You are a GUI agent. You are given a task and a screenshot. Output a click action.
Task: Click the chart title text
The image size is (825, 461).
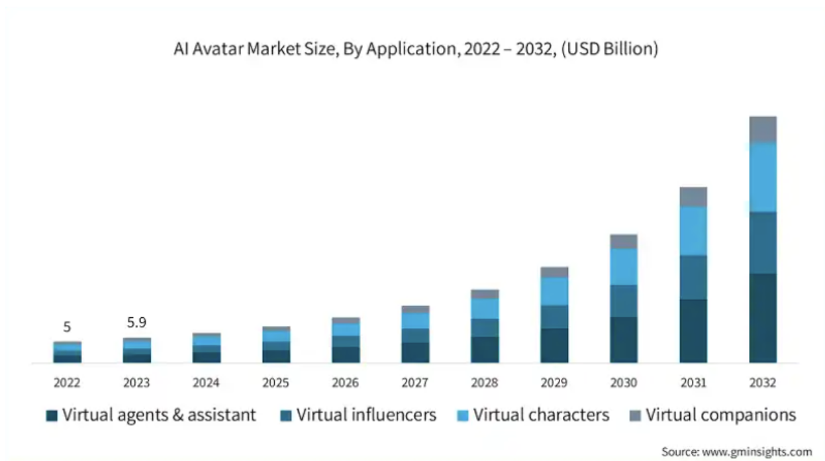416,50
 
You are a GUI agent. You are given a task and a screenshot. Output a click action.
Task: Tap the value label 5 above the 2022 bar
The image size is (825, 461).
67,327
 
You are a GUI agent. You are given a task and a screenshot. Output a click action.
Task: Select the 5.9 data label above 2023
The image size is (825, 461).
136,323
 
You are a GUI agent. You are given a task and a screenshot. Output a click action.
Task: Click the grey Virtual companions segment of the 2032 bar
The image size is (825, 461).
763,129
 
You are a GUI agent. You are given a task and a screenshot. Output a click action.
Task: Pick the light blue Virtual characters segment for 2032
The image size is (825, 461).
763,177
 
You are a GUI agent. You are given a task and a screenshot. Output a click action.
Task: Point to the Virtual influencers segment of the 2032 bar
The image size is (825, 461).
763,242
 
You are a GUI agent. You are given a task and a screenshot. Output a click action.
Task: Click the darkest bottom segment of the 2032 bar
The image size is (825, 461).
763,318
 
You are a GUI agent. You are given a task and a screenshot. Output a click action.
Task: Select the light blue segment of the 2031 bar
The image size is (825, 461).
693,230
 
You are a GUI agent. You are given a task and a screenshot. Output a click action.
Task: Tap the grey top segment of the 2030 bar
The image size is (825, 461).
624,241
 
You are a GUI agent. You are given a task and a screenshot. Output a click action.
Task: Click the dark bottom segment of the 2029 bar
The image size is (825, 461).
554,345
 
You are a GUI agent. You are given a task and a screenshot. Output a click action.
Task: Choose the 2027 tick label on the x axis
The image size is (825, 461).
415,383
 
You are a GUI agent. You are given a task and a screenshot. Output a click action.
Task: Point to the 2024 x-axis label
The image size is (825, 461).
206,383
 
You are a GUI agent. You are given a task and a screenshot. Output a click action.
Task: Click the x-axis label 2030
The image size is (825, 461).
624,383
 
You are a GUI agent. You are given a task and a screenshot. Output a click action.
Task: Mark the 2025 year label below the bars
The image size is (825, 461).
275,383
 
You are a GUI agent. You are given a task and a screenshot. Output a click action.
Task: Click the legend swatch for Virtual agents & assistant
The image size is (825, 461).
52,416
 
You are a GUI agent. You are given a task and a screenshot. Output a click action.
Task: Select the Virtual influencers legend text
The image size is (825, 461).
366,415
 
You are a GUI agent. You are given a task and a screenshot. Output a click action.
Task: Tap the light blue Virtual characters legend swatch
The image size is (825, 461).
463,416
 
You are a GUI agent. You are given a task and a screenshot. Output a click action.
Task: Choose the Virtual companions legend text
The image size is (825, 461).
720,415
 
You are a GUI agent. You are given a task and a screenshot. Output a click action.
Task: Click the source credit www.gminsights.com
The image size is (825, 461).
736,452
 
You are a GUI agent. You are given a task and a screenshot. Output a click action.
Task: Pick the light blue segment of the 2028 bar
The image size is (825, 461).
485,308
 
